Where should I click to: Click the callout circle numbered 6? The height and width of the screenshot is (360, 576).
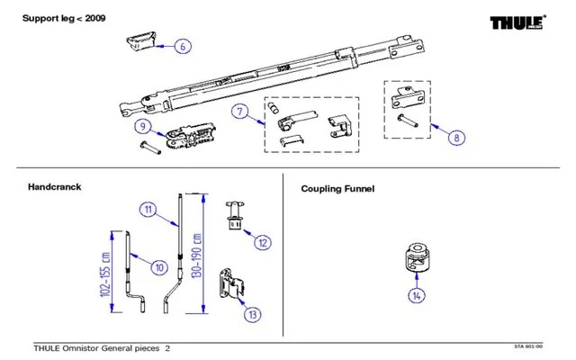point(183,45)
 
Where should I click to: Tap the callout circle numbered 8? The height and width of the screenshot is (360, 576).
point(458,138)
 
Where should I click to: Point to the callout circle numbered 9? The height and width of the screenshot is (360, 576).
point(143,127)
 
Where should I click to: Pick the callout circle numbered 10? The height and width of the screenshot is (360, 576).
point(158,266)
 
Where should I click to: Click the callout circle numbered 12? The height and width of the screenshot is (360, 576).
point(263,242)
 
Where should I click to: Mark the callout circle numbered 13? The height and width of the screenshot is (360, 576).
point(253,314)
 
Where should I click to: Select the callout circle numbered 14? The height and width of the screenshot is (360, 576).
point(416,295)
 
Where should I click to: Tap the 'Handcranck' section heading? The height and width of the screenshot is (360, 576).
point(55,187)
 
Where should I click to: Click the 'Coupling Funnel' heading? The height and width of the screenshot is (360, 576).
point(337,189)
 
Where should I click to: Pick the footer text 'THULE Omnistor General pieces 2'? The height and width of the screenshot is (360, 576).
point(101,347)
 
